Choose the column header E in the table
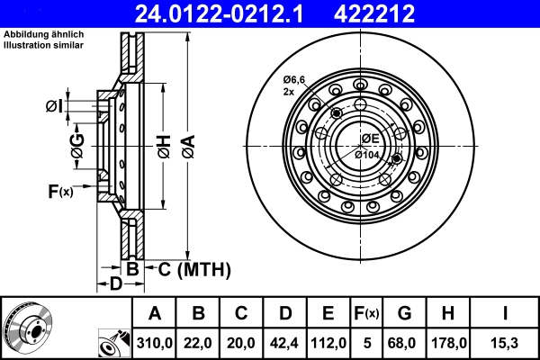(327, 313)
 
